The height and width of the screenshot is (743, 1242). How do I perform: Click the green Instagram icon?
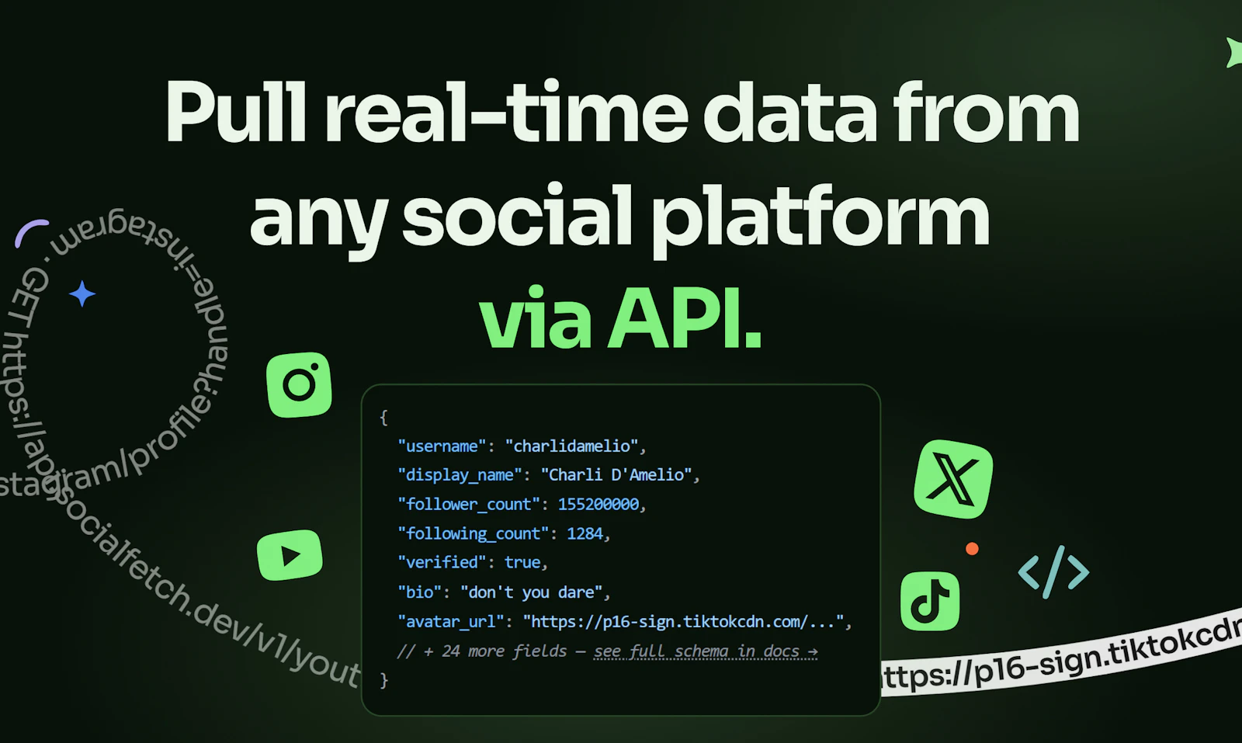click(x=299, y=384)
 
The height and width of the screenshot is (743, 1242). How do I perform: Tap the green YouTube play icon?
click(x=290, y=555)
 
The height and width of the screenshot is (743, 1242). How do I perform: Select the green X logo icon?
click(x=953, y=479)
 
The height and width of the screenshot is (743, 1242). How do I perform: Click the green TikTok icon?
click(x=930, y=601)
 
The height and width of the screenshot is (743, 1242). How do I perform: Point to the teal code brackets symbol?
click(x=1053, y=572)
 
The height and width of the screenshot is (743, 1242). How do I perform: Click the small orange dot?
click(x=972, y=549)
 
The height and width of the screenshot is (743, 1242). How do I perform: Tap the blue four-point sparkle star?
click(x=82, y=293)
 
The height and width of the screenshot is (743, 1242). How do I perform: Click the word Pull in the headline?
click(x=236, y=113)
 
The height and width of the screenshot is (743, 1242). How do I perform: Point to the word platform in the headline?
click(x=820, y=217)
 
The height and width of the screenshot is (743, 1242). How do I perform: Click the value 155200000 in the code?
click(x=598, y=505)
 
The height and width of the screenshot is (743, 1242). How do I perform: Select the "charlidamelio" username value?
click(x=572, y=446)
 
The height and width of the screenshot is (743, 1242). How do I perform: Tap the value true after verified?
click(x=522, y=562)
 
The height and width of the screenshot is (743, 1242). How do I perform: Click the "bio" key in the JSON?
click(x=419, y=592)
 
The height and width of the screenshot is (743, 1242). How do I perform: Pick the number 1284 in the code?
click(x=585, y=533)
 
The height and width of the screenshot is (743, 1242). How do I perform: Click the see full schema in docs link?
click(x=706, y=651)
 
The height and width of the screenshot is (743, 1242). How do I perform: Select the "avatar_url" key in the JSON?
click(x=451, y=622)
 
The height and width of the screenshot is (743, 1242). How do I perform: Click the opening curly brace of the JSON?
click(x=383, y=418)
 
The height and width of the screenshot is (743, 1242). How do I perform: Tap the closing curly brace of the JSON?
click(x=383, y=680)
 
